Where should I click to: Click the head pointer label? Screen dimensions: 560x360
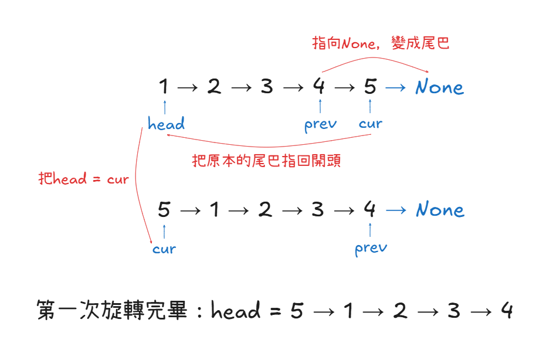point(166,124)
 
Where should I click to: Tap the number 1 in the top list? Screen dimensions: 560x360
point(164,87)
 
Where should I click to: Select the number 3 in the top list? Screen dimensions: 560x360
point(267,87)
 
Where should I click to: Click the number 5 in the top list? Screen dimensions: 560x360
point(369,87)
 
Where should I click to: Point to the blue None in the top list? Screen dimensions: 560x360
point(439,87)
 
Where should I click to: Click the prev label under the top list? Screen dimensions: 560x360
point(321,124)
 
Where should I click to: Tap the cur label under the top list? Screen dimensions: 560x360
point(371,124)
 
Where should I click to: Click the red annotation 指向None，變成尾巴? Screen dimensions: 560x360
point(381,44)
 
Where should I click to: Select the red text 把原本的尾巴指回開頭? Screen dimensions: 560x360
point(267,161)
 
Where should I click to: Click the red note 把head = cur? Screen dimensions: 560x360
point(83,179)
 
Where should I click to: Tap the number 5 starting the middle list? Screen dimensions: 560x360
point(164,210)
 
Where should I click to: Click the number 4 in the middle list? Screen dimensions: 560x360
point(369,210)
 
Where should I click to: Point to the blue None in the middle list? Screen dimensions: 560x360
point(440,210)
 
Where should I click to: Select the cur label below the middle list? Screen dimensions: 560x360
point(164,249)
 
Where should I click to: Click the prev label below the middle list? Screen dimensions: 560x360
point(371,249)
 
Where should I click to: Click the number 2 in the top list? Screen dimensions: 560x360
point(214,87)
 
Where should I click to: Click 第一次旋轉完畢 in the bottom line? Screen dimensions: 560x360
point(111,310)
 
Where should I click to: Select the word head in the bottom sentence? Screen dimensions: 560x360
point(236,310)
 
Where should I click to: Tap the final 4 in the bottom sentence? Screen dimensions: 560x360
point(507,310)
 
